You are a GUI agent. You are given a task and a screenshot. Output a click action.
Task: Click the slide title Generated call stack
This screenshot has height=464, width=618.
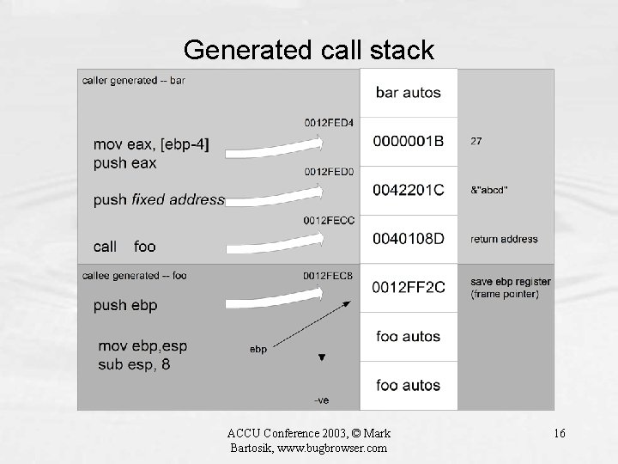point(309,51)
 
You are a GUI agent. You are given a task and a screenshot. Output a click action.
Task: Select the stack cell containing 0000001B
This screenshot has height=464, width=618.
point(409,140)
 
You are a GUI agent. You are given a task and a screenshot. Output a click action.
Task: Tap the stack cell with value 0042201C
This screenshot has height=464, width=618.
point(409,190)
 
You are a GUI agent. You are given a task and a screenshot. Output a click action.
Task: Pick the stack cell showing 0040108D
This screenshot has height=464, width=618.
point(409,239)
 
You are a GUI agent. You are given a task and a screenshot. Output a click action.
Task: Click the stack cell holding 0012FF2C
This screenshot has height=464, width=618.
point(409,288)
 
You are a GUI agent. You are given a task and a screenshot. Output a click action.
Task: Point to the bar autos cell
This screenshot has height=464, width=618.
point(409,92)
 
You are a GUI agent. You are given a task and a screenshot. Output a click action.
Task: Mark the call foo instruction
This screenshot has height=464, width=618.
point(125,247)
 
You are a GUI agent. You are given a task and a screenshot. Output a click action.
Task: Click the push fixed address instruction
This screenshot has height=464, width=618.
point(159,200)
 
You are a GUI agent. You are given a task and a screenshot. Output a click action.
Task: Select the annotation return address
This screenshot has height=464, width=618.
point(505,239)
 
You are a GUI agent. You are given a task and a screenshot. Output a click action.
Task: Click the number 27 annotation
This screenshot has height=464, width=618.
point(476,140)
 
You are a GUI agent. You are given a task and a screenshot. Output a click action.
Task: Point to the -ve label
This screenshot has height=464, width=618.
point(322,400)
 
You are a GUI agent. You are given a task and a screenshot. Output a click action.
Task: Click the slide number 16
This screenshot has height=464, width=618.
point(560,433)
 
